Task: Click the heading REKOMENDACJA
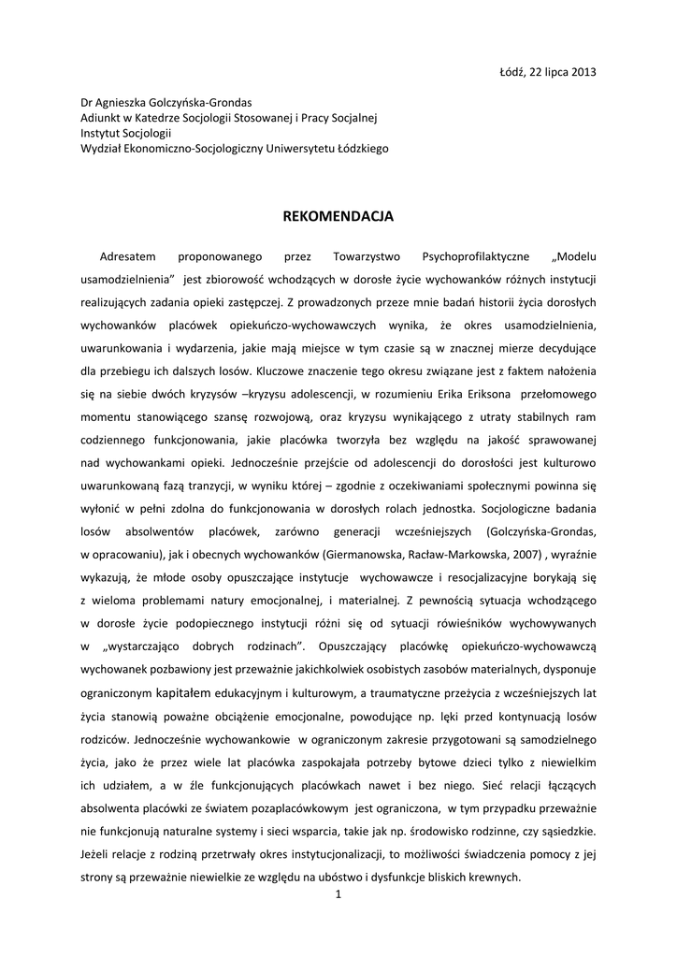(x=338, y=217)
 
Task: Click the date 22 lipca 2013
(x=566, y=72)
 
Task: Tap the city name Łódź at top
(x=517, y=72)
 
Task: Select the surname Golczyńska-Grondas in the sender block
(x=206, y=103)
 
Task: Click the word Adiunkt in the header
(x=101, y=118)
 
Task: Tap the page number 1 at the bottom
(x=338, y=895)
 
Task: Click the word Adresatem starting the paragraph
(x=129, y=256)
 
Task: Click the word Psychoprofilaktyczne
(x=476, y=256)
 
